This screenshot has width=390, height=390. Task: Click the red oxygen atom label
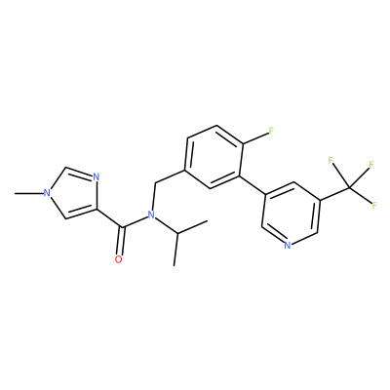tap(119, 259)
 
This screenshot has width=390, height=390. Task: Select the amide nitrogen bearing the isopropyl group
tap(150, 214)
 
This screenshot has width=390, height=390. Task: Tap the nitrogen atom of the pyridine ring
tap(287, 245)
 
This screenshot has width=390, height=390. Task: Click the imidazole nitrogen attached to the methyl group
tap(47, 193)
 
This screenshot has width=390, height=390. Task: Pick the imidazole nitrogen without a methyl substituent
tap(96, 177)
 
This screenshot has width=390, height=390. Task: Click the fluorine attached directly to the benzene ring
tap(271, 131)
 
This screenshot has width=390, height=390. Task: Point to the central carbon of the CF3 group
tap(349, 187)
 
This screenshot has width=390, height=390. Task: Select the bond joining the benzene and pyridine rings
tap(253, 185)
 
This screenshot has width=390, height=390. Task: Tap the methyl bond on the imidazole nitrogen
tap(29, 194)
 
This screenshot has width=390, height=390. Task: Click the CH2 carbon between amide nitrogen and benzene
tap(155, 183)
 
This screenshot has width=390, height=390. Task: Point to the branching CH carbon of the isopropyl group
tap(177, 233)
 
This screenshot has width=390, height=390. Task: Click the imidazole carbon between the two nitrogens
tap(66, 168)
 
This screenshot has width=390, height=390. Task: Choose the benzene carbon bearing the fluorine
tap(241, 143)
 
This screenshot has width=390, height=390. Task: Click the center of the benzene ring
tap(214, 157)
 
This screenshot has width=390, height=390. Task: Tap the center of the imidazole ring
tap(74, 194)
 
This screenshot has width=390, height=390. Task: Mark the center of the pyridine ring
tap(291, 214)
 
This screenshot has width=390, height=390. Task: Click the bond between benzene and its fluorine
tap(254, 137)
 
